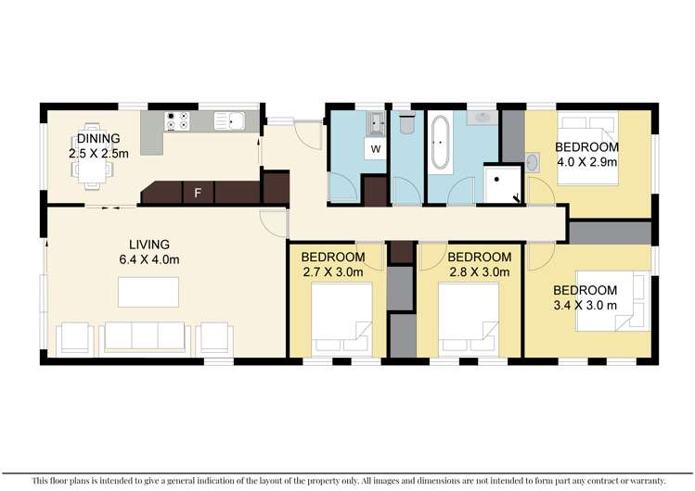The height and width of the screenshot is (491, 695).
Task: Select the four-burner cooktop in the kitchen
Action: tap(177, 121)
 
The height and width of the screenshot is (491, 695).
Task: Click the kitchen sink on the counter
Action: tap(228, 120)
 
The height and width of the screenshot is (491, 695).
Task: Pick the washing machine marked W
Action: tap(376, 148)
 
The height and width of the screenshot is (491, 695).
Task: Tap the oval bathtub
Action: tap(440, 142)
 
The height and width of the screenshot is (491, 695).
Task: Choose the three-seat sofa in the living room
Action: tap(145, 337)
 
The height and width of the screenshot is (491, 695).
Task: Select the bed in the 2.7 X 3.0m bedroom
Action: tap(341, 320)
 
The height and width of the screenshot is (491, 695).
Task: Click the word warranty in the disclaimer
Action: tap(644, 481)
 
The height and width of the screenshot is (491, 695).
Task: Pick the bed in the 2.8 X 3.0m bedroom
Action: tap(470, 320)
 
